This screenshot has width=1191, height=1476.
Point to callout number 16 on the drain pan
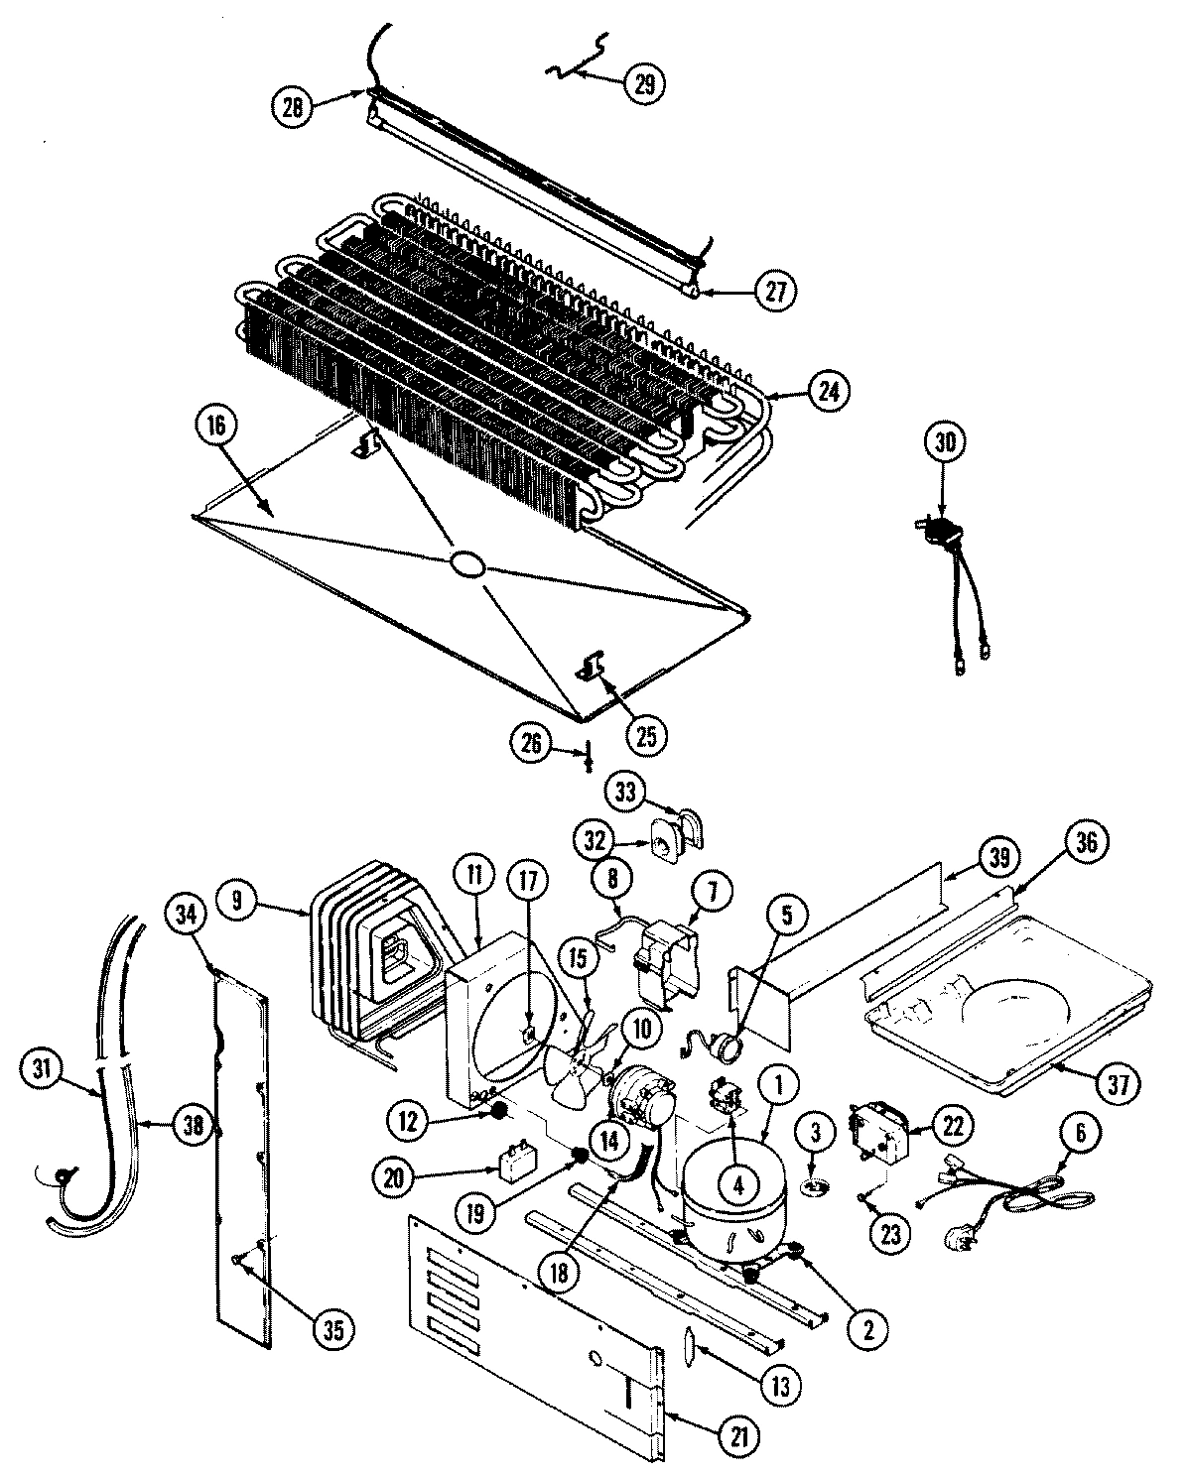[216, 427]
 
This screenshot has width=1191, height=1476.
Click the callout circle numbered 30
[946, 443]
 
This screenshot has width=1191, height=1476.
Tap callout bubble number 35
[333, 1330]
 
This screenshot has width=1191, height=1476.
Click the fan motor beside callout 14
[633, 1096]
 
